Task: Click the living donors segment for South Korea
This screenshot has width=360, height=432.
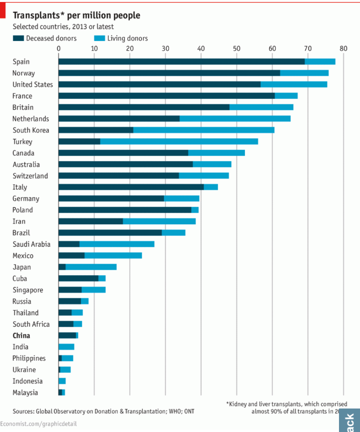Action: tap(203, 130)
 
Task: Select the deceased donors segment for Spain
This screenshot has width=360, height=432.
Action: tap(181, 61)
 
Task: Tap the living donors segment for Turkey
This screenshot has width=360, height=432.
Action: tap(179, 142)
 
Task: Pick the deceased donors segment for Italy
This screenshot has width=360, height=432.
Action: tap(131, 187)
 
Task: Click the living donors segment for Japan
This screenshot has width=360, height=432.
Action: tap(91, 267)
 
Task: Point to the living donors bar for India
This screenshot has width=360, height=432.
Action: tap(66, 347)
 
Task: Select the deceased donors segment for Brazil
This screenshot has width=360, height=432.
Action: tap(110, 233)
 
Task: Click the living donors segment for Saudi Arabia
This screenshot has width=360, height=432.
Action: tap(116, 244)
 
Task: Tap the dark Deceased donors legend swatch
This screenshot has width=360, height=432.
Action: tap(18, 38)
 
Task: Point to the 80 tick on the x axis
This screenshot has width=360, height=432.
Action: tap(342, 48)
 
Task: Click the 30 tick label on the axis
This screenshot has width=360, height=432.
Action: tap(165, 48)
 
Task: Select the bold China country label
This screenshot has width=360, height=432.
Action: tap(21, 336)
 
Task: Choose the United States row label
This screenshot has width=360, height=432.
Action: tap(32, 84)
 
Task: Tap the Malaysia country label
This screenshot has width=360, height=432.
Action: tap(25, 393)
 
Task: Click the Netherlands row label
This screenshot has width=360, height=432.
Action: tap(31, 119)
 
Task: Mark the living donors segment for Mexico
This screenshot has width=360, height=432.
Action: tap(113, 256)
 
